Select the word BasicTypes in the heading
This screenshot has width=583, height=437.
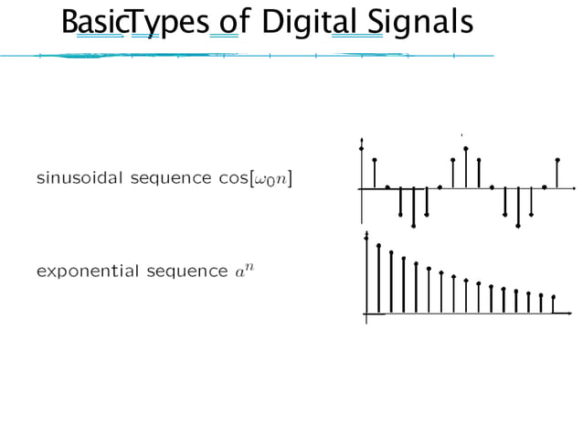(132, 23)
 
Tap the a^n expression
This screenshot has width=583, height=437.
(244, 271)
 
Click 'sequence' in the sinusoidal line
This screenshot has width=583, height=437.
(171, 177)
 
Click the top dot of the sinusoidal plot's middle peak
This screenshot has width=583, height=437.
(465, 148)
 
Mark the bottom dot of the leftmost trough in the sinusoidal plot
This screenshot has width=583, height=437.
(413, 225)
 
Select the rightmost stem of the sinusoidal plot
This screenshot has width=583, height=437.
(557, 174)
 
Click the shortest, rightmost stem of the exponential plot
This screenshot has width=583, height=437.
(553, 304)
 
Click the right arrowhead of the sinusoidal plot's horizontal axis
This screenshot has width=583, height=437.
(573, 188)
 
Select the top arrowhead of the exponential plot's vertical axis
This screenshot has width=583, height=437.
(366, 235)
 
